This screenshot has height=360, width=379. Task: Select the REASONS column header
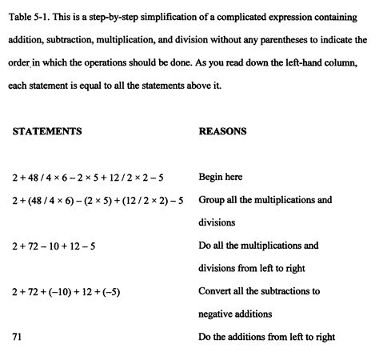222,130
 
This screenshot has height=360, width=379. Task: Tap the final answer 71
17,336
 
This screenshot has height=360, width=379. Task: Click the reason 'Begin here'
220,177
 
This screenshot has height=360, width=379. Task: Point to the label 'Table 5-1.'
30,16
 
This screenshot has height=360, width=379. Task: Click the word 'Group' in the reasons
212,200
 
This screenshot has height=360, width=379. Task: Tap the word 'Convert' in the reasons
216,291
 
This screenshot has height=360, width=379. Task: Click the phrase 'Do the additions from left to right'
266,336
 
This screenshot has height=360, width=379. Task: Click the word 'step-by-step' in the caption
103,16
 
